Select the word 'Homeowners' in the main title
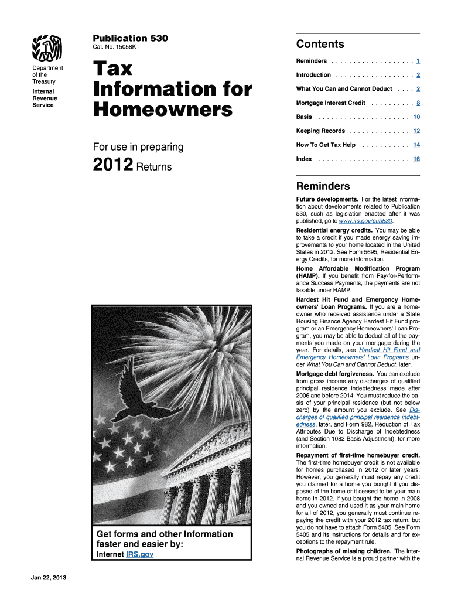tap(162, 110)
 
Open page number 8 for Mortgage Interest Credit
tap(418, 103)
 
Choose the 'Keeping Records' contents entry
tap(320, 131)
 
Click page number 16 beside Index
tap(416, 159)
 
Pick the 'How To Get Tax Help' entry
tap(326, 145)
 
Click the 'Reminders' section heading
tap(323, 186)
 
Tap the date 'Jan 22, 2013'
tap(49, 579)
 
